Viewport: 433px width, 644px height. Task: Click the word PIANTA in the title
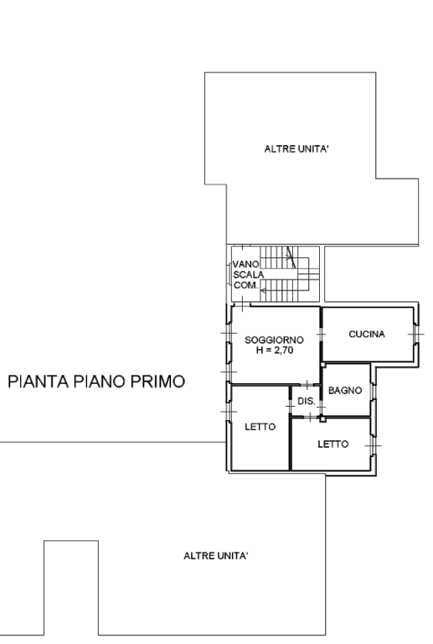(39, 382)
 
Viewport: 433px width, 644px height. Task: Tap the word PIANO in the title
(100, 382)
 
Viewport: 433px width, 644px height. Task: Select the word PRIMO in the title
(157, 382)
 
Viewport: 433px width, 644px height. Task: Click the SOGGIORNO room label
(275, 340)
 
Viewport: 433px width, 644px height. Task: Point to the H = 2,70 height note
(275, 351)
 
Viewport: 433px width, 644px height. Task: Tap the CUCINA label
(367, 335)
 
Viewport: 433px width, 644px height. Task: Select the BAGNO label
(345, 390)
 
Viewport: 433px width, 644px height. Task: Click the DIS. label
(307, 402)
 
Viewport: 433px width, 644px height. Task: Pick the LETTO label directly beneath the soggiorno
(260, 427)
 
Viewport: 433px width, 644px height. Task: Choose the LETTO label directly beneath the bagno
(333, 444)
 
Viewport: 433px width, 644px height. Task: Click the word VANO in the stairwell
(246, 264)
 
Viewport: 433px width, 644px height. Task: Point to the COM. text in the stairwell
(246, 285)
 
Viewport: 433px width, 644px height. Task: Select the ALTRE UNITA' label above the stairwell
(296, 149)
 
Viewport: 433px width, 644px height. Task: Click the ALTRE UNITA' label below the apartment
(216, 556)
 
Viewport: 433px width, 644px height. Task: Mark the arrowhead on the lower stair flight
(263, 291)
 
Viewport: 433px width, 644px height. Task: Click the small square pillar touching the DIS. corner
(322, 419)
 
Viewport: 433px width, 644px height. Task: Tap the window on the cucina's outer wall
(415, 335)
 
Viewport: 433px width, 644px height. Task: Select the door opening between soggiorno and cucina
(321, 335)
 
